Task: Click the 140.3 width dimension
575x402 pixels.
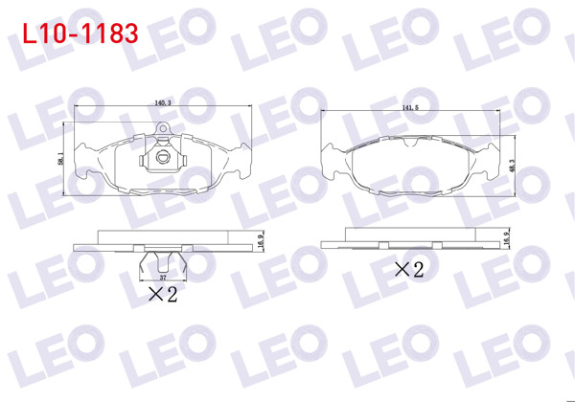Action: [x=161, y=103]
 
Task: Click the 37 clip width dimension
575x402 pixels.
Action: [x=163, y=277]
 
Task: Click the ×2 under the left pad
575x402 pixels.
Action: [x=163, y=295]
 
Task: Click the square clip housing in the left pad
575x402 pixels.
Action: [x=163, y=161]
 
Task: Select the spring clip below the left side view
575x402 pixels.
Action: [x=163, y=259]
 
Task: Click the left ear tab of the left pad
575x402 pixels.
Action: [x=88, y=162]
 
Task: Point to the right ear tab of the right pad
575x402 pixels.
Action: [x=488, y=162]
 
